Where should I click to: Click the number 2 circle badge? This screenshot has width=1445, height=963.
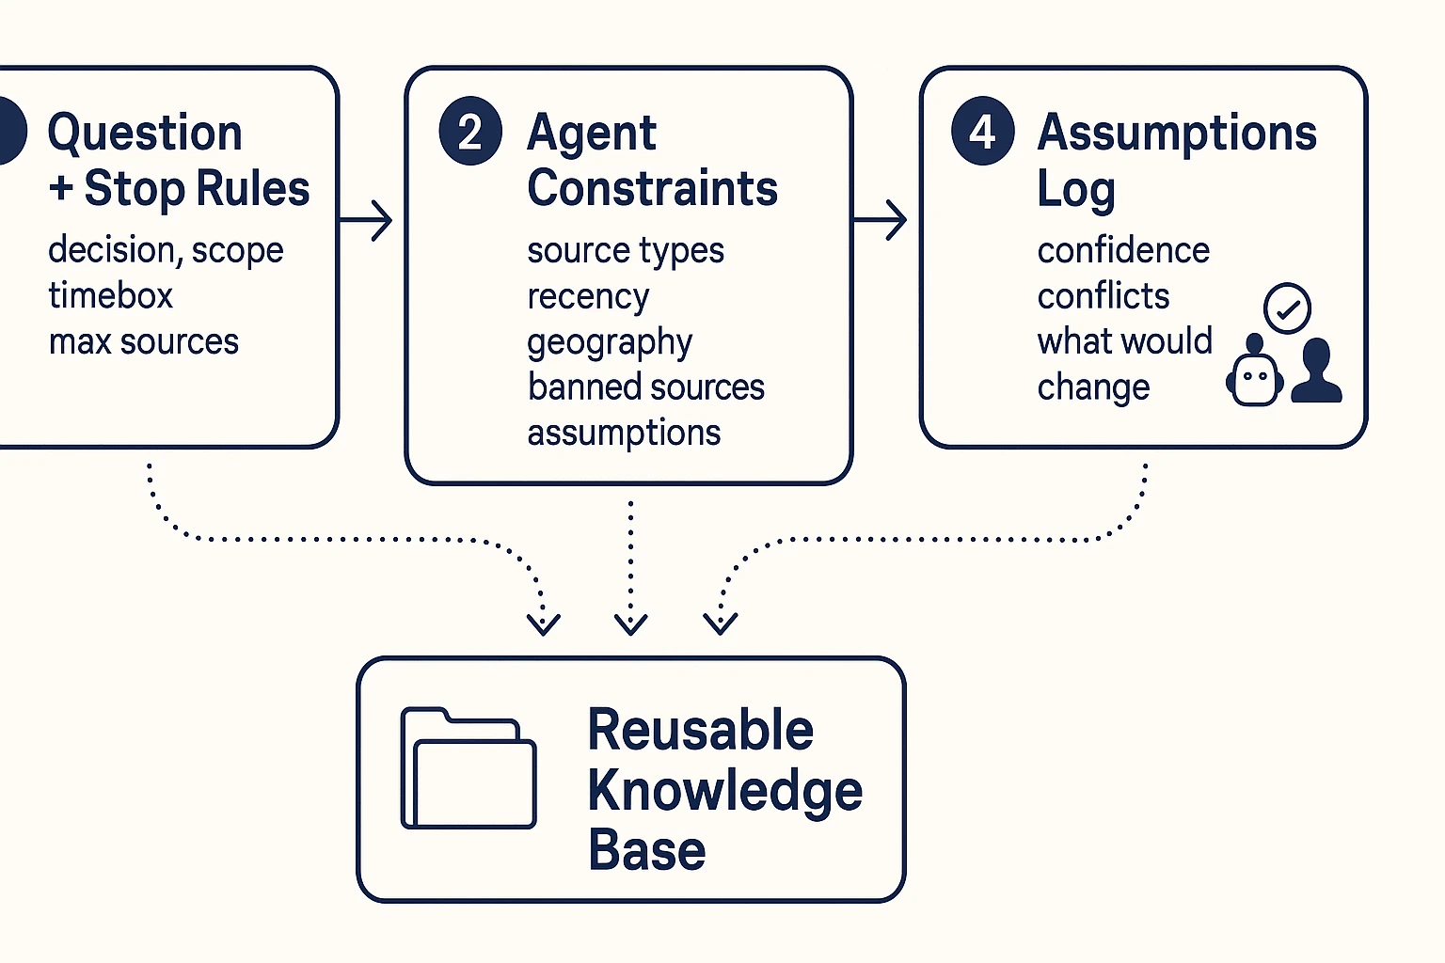(470, 131)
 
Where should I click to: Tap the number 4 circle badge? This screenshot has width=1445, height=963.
(982, 131)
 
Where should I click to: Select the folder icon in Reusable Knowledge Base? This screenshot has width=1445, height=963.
(468, 768)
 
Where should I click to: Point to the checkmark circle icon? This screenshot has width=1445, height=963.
(1287, 308)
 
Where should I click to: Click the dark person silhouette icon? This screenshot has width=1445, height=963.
(1316, 371)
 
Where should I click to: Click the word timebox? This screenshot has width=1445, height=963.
(111, 296)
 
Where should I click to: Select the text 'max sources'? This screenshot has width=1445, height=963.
(144, 341)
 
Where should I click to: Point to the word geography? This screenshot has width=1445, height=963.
(610, 342)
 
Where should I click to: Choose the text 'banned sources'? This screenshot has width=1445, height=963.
(646, 387)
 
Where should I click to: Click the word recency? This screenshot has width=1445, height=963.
(588, 297)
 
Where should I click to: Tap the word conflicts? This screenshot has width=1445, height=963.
(1104, 296)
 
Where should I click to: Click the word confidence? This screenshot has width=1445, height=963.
(1123, 251)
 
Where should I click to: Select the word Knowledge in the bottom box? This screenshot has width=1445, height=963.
(724, 790)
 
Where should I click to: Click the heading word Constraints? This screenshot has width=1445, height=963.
(652, 189)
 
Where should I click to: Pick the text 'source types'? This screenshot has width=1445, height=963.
(626, 251)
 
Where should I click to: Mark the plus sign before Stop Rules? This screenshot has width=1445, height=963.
(61, 189)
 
